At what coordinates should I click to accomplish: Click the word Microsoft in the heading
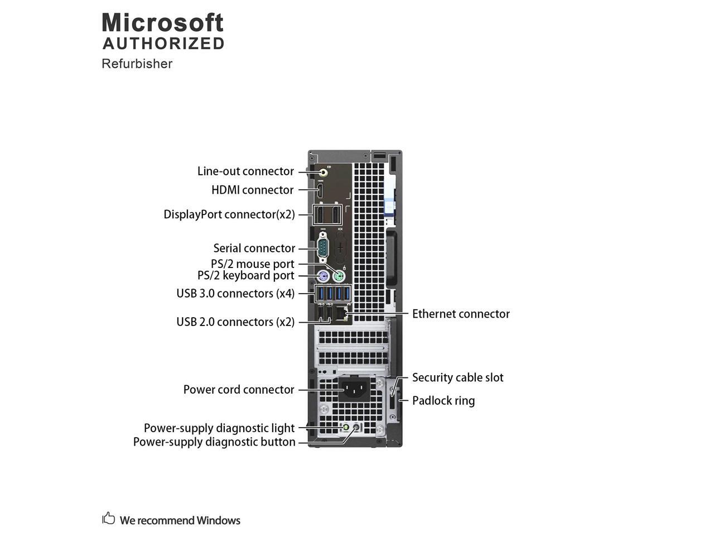[x=162, y=23]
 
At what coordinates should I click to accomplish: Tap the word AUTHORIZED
[x=163, y=44]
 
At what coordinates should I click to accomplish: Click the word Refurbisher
[x=137, y=64]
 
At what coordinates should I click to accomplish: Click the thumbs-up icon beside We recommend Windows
[x=108, y=519]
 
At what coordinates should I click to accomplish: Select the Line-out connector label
[x=245, y=171]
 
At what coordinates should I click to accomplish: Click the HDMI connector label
[x=252, y=190]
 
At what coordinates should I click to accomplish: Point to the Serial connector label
[x=254, y=248]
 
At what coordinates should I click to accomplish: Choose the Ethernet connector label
[x=461, y=314]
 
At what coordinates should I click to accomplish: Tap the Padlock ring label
[x=443, y=400]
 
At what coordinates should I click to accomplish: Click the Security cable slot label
[x=457, y=377]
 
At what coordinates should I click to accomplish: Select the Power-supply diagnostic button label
[x=214, y=442]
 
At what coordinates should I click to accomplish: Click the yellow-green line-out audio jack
[x=323, y=171]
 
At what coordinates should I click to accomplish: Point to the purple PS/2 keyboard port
[x=322, y=276]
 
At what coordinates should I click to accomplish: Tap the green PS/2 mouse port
[x=338, y=276]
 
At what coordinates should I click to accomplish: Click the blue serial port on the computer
[x=323, y=248]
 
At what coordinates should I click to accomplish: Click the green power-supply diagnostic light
[x=346, y=428]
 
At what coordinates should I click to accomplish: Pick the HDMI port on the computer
[x=321, y=190]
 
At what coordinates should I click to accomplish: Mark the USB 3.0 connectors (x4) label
[x=235, y=293]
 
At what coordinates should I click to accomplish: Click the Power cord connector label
[x=239, y=390]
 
